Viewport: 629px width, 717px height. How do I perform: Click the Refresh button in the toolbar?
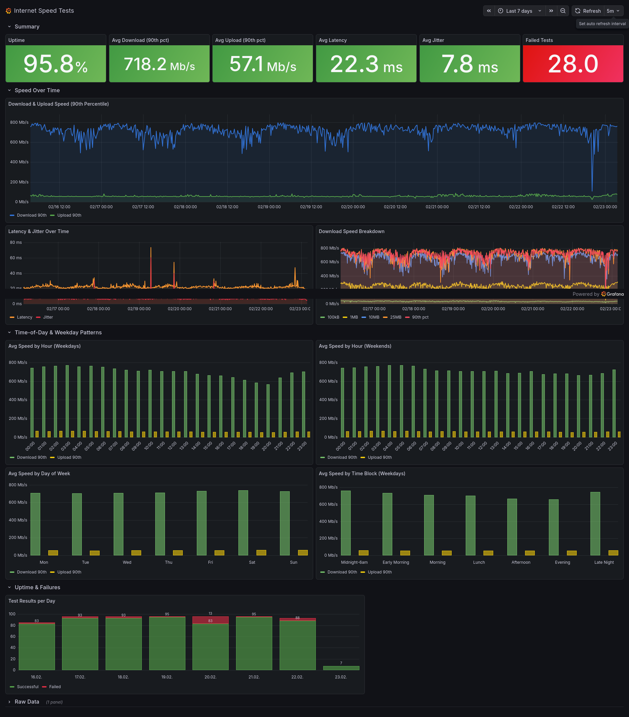588,11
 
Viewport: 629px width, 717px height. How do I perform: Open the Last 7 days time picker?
520,11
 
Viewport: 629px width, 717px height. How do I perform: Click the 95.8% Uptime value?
55,64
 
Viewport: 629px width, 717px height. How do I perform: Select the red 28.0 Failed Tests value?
573,64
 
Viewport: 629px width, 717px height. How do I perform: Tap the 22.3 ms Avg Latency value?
366,64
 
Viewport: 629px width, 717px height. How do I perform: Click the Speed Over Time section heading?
37,90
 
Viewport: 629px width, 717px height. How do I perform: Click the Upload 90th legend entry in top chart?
69,215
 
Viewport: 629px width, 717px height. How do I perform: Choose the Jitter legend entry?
48,317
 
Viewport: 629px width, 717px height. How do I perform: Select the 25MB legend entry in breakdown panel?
396,317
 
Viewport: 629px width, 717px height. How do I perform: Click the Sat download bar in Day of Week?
243,523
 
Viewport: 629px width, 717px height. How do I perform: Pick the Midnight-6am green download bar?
346,523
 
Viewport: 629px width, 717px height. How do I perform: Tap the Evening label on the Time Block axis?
562,562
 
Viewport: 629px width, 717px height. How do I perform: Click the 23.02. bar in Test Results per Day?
341,668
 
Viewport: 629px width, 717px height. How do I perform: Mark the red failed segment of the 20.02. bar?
210,620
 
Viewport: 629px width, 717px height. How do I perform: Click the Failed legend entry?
55,687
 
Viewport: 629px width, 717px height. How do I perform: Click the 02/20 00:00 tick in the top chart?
353,207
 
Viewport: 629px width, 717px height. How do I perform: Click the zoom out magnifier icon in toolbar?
563,11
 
